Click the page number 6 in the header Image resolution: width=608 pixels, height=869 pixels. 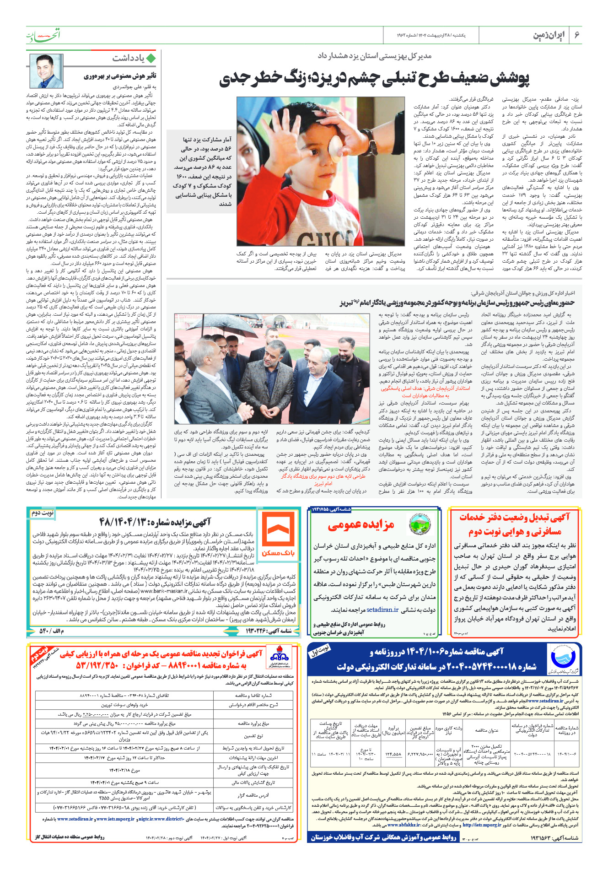[577, 35]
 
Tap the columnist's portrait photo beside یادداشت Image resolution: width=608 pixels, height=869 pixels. [46, 71]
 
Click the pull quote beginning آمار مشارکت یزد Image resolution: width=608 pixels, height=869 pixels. [202, 171]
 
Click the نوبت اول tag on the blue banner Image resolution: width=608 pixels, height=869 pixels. [320, 652]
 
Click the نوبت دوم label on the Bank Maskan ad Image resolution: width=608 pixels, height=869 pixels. [43, 513]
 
